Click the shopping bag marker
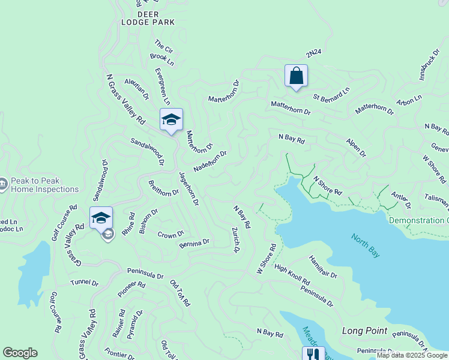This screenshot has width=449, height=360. (296, 76)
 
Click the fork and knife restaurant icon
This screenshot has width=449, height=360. (313, 354)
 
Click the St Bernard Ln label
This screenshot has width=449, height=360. (331, 94)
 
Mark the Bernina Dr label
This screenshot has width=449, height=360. (194, 243)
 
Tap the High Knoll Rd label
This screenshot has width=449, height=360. (292, 274)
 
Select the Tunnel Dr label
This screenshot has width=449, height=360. (84, 283)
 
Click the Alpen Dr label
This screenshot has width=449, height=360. (355, 148)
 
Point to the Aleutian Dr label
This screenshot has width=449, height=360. (137, 88)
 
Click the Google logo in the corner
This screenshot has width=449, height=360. (20, 353)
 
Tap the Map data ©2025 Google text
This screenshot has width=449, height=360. (412, 355)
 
